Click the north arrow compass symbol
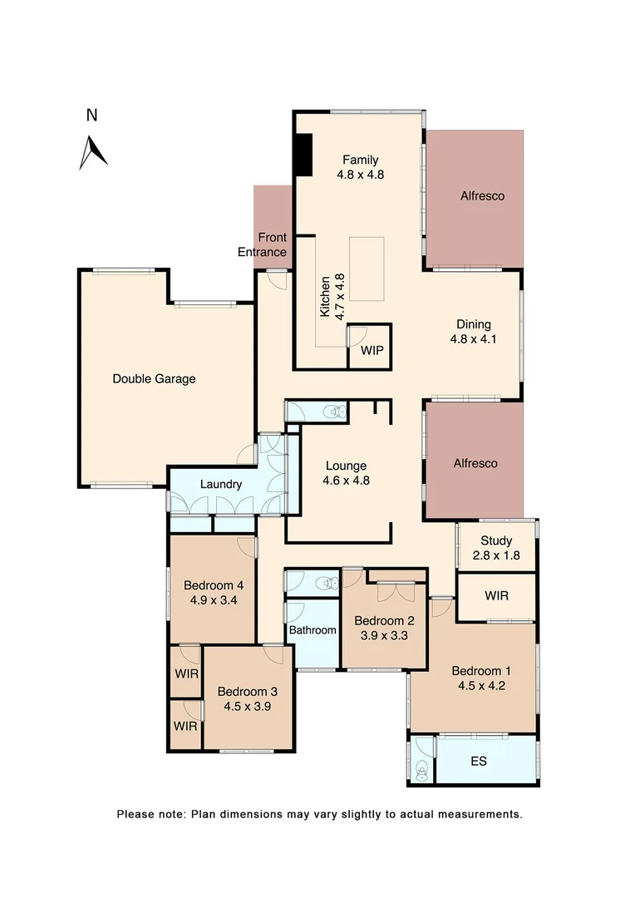coord(93,151)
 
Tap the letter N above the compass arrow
coord(92,116)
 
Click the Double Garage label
coord(154,379)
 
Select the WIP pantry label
coord(372,351)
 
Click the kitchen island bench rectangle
coord(367,269)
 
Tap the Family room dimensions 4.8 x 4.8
coord(360,175)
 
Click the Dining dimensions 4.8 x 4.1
coord(473,339)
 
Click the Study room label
coord(495,540)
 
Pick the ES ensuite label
coord(478,760)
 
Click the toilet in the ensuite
coord(422,770)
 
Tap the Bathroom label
coord(313,630)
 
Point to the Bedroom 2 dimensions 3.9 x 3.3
coord(384,636)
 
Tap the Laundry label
coord(221,485)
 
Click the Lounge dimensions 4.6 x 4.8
coord(346,481)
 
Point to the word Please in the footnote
coord(135,814)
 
